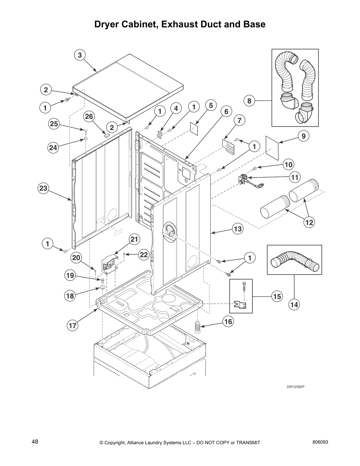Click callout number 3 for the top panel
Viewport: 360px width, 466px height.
[x=80, y=55]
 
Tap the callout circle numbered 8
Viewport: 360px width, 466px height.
[x=249, y=101]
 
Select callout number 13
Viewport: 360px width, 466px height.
[x=238, y=229]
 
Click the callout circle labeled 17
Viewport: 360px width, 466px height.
[x=72, y=325]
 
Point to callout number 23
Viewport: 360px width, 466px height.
[x=43, y=188]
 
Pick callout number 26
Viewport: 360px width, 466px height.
[x=89, y=117]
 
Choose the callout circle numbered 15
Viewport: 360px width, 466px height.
[x=277, y=296]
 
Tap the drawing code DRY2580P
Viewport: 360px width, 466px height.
[x=295, y=387]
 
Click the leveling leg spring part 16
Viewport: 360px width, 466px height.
[x=197, y=327]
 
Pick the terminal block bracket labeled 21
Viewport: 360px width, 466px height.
[x=109, y=263]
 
